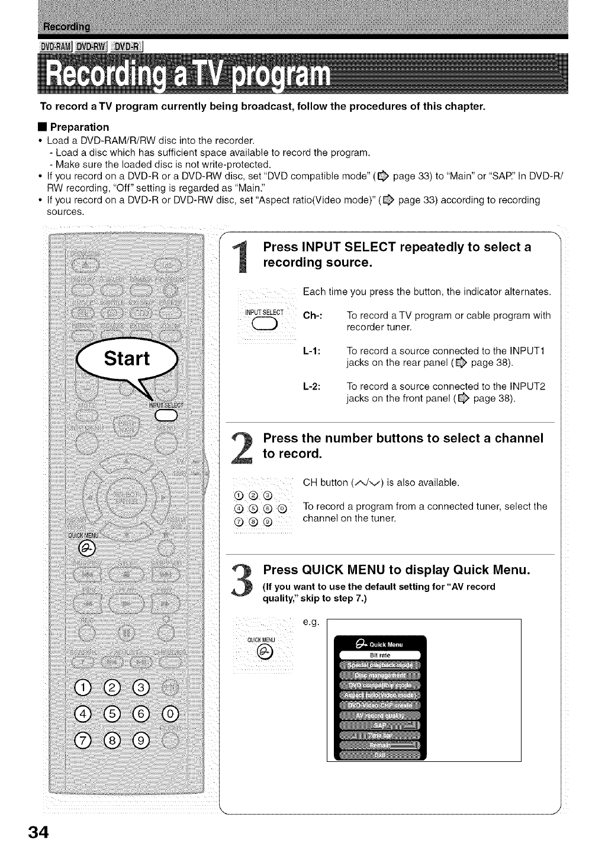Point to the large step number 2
[x=244, y=451]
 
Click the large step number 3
[x=244, y=583]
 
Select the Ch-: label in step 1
[x=312, y=316]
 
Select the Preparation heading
[x=79, y=127]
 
